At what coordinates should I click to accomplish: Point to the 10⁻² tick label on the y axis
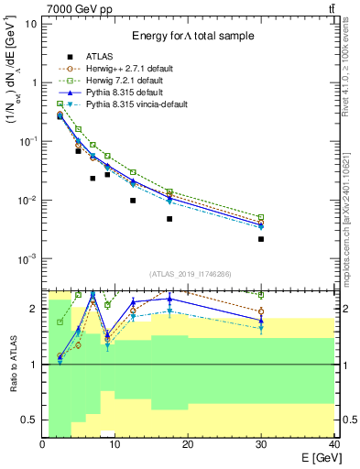27,201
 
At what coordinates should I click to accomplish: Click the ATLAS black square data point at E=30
261,239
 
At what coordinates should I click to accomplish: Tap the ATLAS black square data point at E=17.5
169,219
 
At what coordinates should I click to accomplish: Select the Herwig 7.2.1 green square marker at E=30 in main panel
261,217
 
